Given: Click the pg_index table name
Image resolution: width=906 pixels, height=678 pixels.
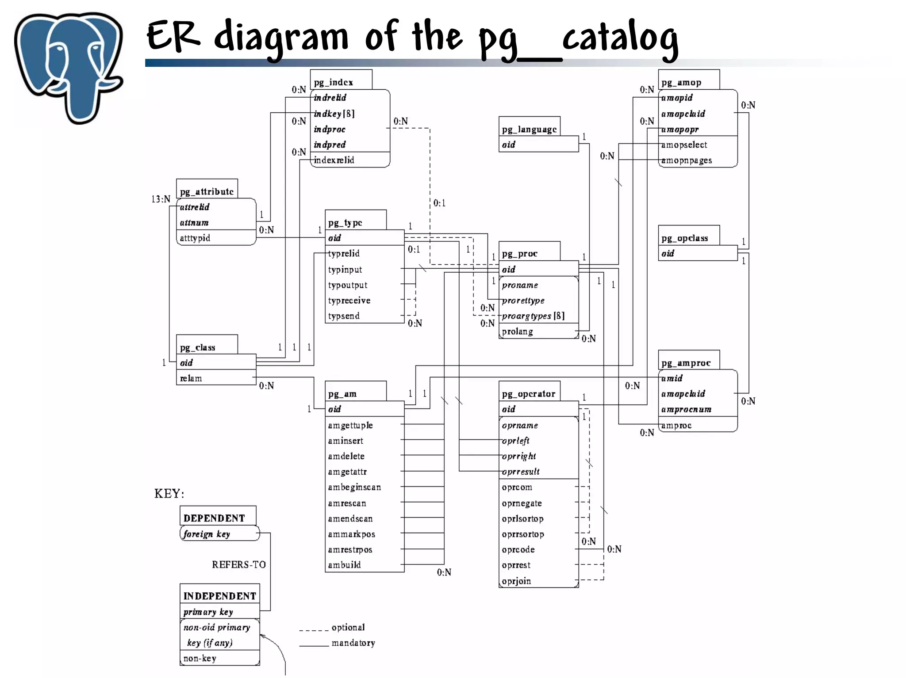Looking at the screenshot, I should point(333,82).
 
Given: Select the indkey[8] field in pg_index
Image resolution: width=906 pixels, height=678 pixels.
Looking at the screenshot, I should point(334,114).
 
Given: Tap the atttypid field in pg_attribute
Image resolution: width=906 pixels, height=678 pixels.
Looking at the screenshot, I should point(195,238).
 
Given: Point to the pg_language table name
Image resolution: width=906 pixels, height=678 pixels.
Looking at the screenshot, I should point(529,130).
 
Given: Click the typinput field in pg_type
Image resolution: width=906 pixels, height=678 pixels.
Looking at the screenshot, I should point(345,270).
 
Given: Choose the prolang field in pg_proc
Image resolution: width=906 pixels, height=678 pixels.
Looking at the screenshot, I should point(517,331).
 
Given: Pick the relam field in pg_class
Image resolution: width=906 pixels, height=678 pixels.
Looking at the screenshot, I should point(191,378).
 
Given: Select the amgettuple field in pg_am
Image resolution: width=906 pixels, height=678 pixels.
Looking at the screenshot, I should point(350,425).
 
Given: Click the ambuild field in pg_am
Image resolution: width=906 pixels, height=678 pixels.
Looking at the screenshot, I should point(344,565).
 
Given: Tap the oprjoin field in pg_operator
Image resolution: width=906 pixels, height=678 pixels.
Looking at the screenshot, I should point(516,581).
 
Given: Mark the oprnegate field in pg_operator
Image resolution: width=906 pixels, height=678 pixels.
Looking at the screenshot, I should point(522,503).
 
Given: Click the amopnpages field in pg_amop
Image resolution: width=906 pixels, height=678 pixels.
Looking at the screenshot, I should point(687,160).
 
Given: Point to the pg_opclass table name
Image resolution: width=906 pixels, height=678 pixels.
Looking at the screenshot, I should point(684,238).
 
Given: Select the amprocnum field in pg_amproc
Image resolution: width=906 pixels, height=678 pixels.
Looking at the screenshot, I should point(686,410).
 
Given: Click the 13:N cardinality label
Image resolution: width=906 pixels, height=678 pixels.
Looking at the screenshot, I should point(161,199).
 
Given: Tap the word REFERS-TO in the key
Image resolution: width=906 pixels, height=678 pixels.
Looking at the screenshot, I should point(238,565).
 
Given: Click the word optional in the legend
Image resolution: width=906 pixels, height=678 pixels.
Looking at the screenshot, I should point(348,627).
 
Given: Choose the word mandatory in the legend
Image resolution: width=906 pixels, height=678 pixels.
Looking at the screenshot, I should point(353,643).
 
